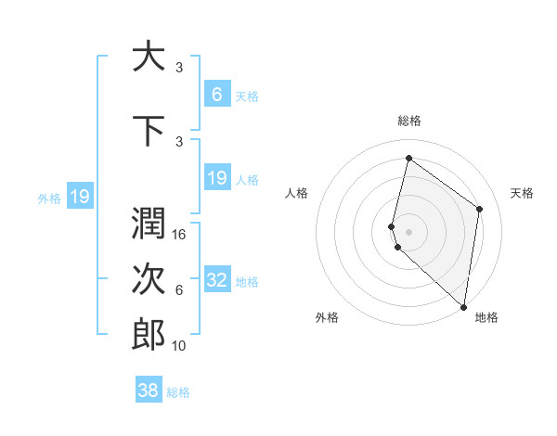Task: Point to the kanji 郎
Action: [149, 335]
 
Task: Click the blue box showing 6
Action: [217, 95]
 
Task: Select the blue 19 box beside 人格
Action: [217, 178]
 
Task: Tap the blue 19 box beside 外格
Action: [80, 197]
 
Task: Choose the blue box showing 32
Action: [217, 280]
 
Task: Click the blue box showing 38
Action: [149, 391]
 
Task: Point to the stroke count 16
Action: [180, 235]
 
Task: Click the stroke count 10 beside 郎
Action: [180, 346]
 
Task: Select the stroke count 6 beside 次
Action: [179, 290]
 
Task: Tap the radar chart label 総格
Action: [409, 121]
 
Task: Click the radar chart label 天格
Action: [523, 193]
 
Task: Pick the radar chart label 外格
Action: [327, 317]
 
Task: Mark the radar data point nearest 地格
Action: [464, 306]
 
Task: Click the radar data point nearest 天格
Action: [480, 209]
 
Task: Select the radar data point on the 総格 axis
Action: [408, 158]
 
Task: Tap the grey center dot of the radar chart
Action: [408, 231]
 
